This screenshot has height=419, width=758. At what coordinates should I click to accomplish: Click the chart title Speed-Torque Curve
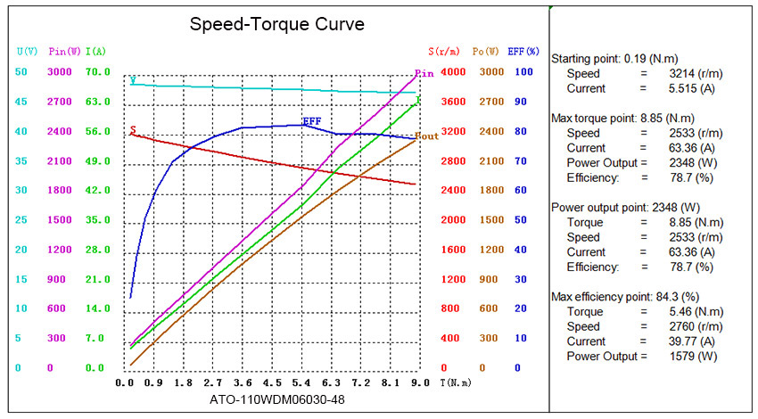point(277,24)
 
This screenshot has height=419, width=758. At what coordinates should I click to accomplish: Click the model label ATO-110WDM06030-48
point(277,399)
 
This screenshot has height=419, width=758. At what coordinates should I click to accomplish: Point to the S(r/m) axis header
point(443,52)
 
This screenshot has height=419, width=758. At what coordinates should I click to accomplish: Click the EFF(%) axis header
point(524,52)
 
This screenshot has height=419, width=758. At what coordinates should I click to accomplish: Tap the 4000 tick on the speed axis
point(452,72)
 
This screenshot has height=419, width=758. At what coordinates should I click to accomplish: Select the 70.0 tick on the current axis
point(97,72)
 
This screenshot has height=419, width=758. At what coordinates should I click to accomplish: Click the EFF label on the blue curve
point(312,120)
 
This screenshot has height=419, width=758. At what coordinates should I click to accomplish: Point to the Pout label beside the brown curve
point(427,136)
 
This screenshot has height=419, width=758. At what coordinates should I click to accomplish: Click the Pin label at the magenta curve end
point(424,73)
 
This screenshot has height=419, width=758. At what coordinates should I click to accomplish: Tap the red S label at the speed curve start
point(133,130)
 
